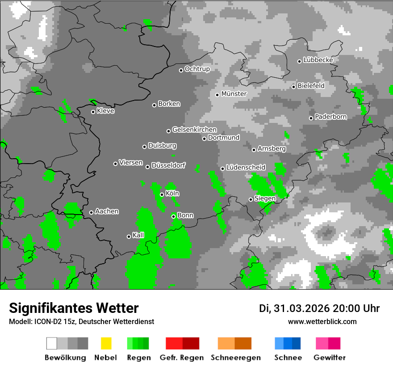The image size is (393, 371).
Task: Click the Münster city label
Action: pyautogui.click(x=234, y=94)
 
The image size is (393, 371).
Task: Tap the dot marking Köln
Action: pyautogui.click(x=162, y=194)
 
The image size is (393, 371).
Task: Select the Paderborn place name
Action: pyautogui.click(x=330, y=117)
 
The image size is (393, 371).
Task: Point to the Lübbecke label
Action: pyautogui.click(x=318, y=60)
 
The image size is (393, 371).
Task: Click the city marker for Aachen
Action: pyautogui.click(x=92, y=212)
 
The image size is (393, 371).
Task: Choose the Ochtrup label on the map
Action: pyautogui.click(x=197, y=69)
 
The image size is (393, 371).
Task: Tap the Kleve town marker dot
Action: pyautogui.click(x=93, y=112)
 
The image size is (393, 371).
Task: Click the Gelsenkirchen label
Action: pyautogui.click(x=194, y=130)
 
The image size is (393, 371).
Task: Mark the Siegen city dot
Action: pyautogui.click(x=251, y=199)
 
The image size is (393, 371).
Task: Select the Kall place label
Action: pyautogui.click(x=138, y=235)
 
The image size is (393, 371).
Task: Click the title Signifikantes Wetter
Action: pyautogui.click(x=74, y=308)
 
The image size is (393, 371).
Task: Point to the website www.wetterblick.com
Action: pyautogui.click(x=322, y=321)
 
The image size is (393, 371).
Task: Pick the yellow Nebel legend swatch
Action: pyautogui.click(x=106, y=343)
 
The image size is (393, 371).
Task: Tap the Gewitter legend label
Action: pyautogui.click(x=329, y=358)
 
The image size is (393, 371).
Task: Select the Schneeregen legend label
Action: pyautogui.click(x=235, y=358)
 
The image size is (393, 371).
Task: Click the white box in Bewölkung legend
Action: pyautogui.click(x=52, y=343)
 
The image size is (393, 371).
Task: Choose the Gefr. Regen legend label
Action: pyautogui.click(x=182, y=358)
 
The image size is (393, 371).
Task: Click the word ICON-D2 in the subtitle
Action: pyautogui.click(x=46, y=321)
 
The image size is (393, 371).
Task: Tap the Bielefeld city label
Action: pyautogui.click(x=311, y=85)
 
